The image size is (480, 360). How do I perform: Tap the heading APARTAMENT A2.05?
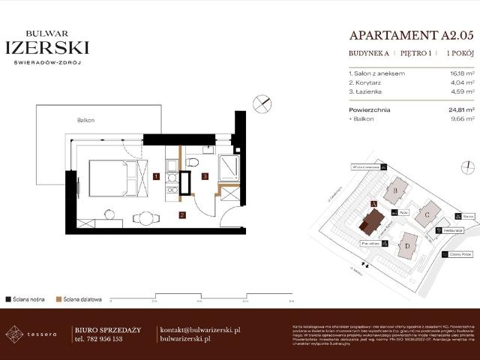(412, 34)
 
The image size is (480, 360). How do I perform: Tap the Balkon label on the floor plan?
(85, 121)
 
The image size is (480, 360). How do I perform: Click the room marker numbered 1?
(155, 177)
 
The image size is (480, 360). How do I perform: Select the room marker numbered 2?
(181, 215)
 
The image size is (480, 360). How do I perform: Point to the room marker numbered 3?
(205, 177)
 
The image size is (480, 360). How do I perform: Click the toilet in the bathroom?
(192, 163)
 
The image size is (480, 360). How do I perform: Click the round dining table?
(146, 219)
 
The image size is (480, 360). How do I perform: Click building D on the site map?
(406, 244)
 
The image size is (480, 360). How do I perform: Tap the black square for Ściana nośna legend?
(7, 298)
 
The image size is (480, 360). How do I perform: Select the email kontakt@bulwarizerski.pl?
(199, 329)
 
